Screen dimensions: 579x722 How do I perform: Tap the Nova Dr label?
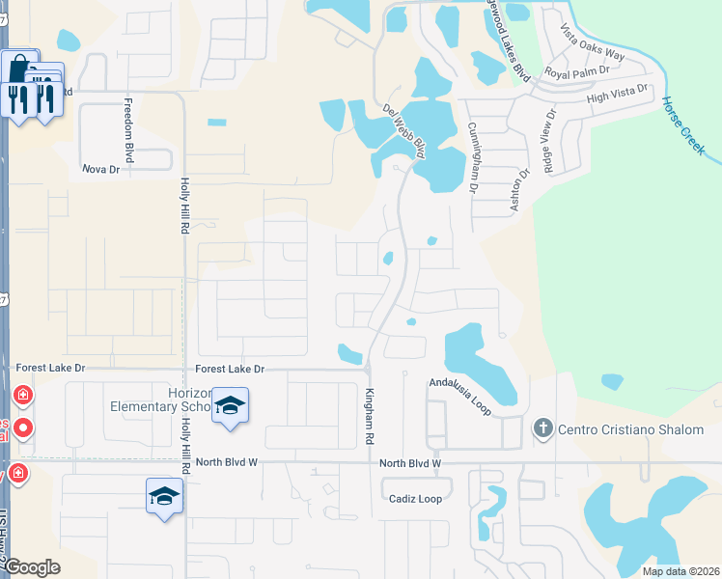[99, 169]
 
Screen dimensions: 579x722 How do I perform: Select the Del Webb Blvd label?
[404, 130]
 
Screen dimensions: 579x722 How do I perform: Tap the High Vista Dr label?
[620, 94]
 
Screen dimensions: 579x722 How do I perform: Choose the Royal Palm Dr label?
[577, 71]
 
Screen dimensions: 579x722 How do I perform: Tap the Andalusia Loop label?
[460, 397]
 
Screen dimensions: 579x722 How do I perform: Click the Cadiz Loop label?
[415, 499]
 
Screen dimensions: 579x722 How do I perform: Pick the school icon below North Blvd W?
[164, 496]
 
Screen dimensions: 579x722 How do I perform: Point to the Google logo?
[32, 567]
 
